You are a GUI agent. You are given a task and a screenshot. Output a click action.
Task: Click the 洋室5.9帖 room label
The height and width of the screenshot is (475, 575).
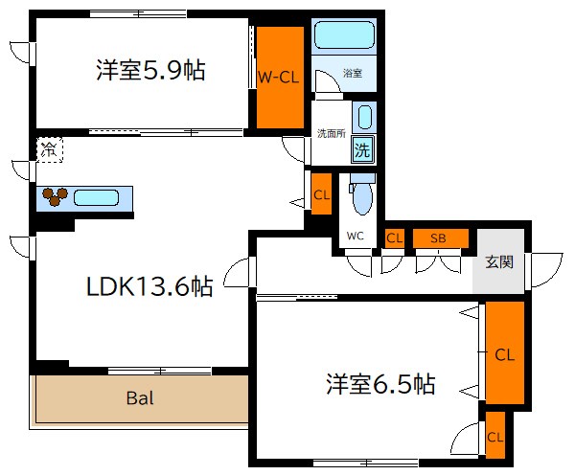click(x=150, y=71)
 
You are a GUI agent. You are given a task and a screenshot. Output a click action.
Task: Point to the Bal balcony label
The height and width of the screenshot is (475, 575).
click(x=140, y=397)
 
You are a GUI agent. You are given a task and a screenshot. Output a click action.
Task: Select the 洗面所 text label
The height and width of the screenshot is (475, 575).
click(x=331, y=133)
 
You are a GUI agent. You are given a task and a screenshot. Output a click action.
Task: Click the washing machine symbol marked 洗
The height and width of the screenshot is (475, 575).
click(x=361, y=148)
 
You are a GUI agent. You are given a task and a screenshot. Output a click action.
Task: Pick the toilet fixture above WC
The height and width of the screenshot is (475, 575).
click(x=361, y=197)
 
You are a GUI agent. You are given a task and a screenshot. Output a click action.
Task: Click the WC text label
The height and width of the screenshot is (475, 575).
click(x=355, y=236)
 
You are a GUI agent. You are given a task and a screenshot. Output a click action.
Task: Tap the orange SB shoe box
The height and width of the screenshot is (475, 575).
click(x=440, y=238)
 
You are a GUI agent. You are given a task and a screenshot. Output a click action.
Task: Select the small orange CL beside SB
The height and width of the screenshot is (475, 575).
click(x=393, y=238)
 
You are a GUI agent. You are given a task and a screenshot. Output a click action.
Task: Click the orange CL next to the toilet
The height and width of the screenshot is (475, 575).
click(x=322, y=195)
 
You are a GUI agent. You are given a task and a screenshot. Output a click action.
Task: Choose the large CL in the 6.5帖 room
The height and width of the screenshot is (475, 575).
click(x=504, y=353)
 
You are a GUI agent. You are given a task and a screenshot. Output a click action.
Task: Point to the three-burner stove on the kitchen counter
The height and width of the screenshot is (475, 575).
click(x=55, y=196)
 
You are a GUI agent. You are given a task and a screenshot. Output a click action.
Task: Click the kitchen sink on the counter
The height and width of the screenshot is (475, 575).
click(x=96, y=198)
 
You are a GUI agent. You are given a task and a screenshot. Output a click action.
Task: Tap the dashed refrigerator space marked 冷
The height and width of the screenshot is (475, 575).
click(x=49, y=148)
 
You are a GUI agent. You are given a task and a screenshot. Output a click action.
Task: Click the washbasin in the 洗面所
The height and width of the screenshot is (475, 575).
click(x=363, y=118)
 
